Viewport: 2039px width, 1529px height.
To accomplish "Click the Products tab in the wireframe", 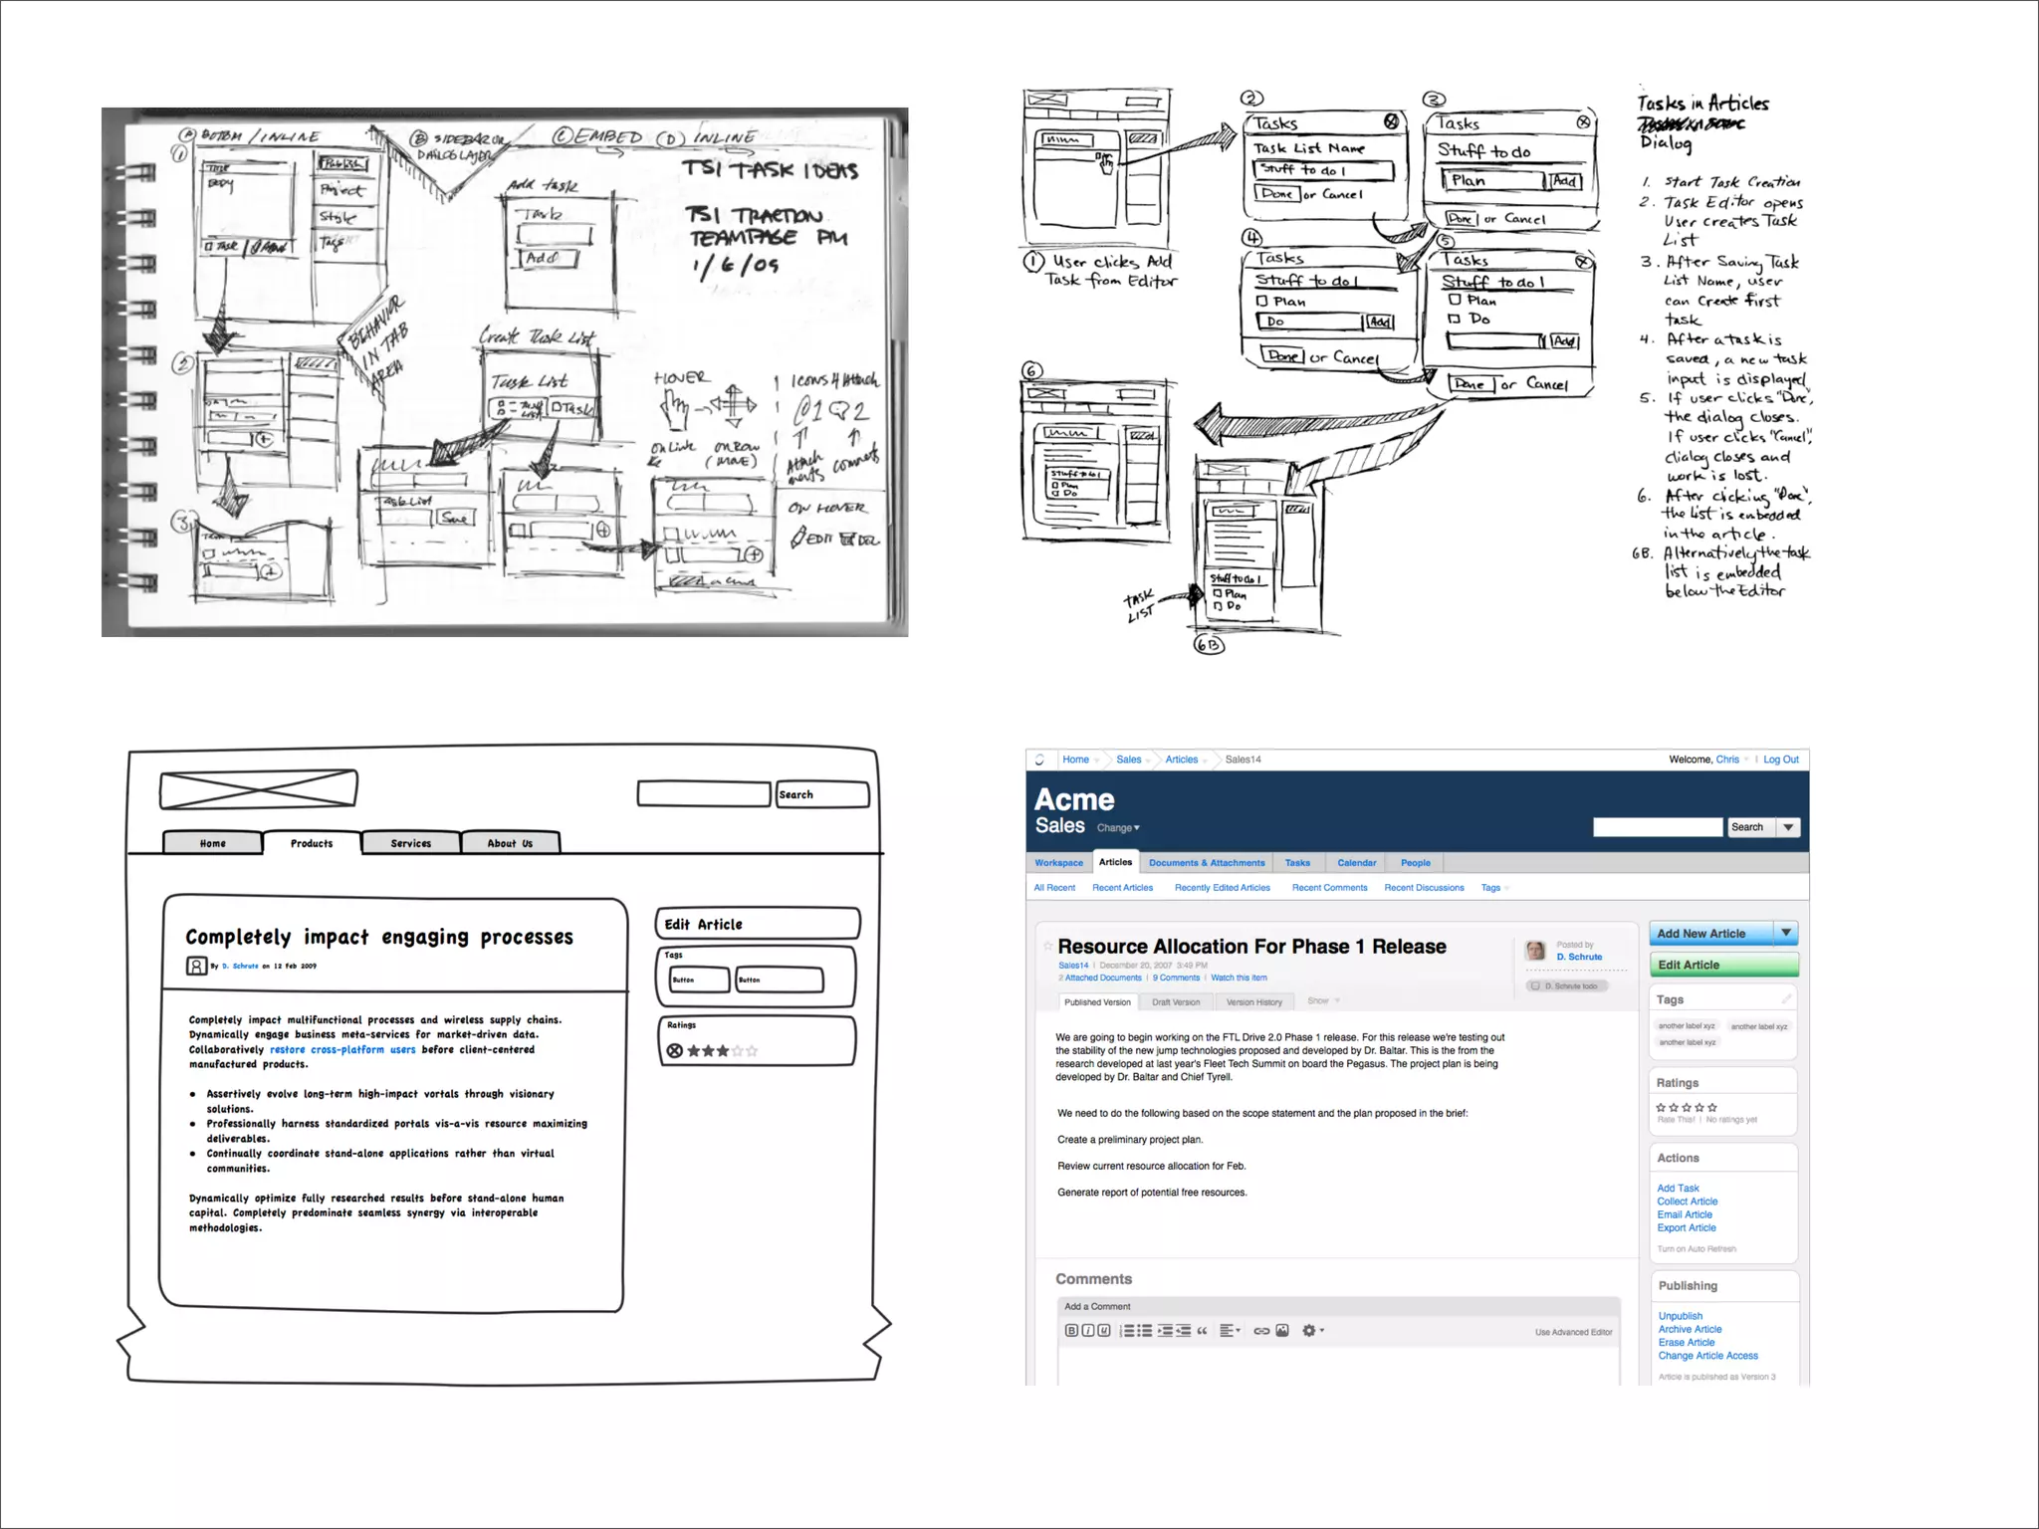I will (x=312, y=843).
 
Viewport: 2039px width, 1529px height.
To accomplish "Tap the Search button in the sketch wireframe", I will (x=821, y=794).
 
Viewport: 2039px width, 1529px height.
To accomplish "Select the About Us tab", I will (x=510, y=843).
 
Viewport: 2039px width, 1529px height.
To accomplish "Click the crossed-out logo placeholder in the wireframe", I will (x=259, y=788).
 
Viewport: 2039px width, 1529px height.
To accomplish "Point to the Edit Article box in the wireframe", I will (x=757, y=924).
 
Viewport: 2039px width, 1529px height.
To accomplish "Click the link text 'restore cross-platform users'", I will (x=342, y=1049).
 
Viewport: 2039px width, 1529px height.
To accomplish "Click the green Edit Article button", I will (x=1722, y=965).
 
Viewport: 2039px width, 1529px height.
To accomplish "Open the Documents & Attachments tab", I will (x=1207, y=863).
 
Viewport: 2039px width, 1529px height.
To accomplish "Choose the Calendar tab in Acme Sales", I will (x=1356, y=863).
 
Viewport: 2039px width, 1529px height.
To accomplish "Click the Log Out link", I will (x=1780, y=760).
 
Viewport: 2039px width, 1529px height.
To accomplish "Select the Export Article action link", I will (x=1687, y=1227).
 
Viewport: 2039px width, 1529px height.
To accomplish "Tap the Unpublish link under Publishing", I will (x=1681, y=1316).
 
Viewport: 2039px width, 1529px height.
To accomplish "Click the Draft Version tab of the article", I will (x=1176, y=1002).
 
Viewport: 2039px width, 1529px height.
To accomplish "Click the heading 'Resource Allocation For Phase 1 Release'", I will (x=1251, y=947).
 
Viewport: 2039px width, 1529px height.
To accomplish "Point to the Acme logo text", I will (x=1074, y=799).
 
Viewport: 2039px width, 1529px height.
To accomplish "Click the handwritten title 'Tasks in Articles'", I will (x=1702, y=104).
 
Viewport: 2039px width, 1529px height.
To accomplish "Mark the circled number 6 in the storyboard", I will (x=1032, y=370).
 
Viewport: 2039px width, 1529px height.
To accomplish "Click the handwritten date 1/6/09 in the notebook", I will (x=735, y=265).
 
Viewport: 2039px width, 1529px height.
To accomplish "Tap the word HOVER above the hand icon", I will (x=682, y=378).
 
